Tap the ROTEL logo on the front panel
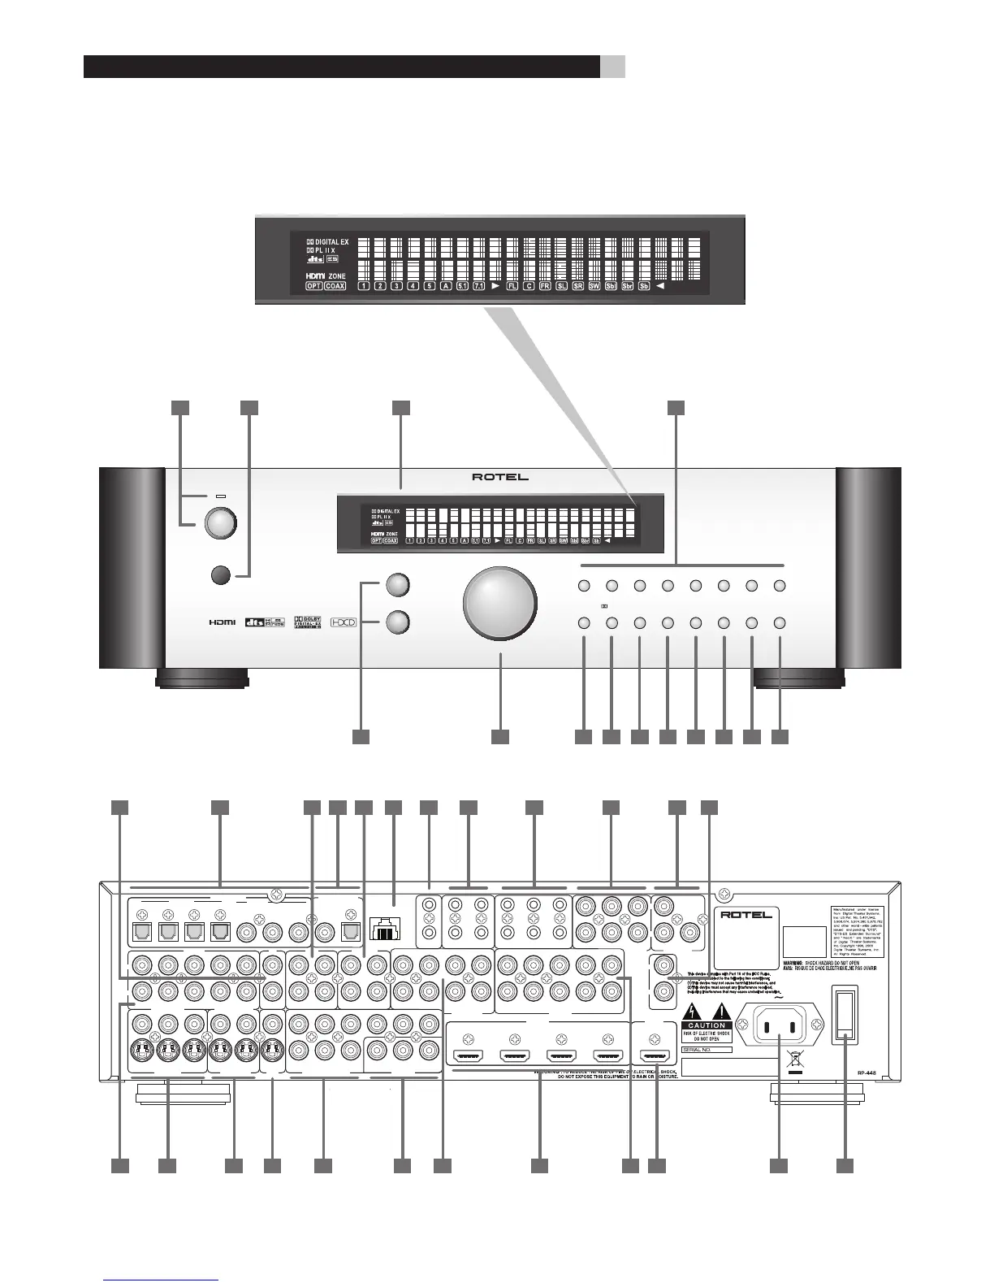coord(500,477)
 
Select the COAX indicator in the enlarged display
coord(335,286)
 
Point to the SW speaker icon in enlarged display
coord(594,286)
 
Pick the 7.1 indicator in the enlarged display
coord(478,286)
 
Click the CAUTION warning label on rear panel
coord(707,1025)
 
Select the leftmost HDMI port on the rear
coord(469,1057)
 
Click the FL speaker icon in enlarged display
coord(512,286)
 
